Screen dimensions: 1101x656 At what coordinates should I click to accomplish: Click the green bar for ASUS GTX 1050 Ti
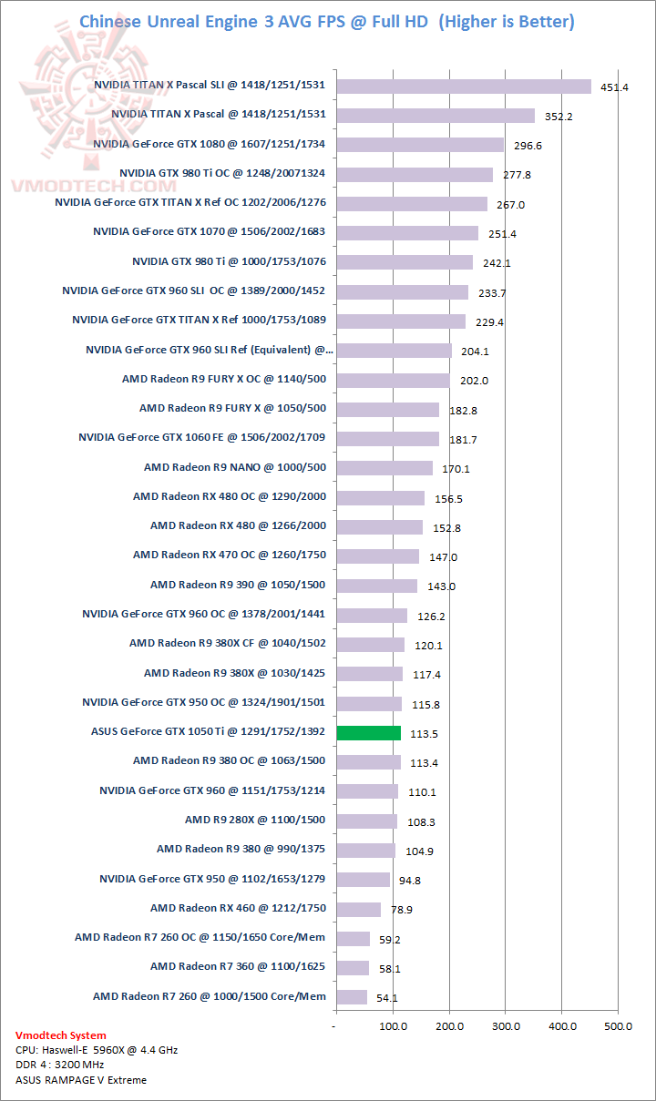pos(368,732)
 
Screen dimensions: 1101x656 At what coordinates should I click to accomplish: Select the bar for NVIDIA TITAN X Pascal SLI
pos(464,87)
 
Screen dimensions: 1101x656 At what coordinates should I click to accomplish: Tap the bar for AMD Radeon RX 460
pos(358,909)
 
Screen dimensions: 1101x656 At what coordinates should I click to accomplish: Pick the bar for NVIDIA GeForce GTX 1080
pos(420,145)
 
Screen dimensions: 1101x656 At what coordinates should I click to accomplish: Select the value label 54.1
pos(386,998)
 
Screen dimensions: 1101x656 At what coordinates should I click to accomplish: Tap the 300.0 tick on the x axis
pos(506,1026)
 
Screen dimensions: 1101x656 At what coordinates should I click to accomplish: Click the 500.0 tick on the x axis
pos(618,1026)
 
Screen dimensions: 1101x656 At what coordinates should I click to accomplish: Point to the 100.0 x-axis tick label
pos(393,1026)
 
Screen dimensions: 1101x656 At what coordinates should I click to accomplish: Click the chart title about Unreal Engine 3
pos(327,21)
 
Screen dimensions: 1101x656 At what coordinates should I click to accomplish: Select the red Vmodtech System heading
pos(60,1035)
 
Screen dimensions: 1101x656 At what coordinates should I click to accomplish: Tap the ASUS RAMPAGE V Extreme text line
pos(81,1080)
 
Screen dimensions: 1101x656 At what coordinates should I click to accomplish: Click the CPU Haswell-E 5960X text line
pos(97,1050)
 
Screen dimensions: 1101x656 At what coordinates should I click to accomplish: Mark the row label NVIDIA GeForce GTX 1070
pos(209,231)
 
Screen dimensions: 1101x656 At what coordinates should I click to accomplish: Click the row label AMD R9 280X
pos(255,820)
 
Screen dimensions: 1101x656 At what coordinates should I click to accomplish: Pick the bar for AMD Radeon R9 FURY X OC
pos(393,380)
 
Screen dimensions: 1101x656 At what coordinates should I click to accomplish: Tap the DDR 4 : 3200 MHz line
pos(60,1065)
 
